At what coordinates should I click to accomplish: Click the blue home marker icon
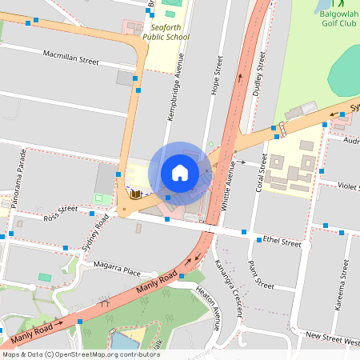180,173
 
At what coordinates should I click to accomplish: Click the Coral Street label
260,173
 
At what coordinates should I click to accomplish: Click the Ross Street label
61,213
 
